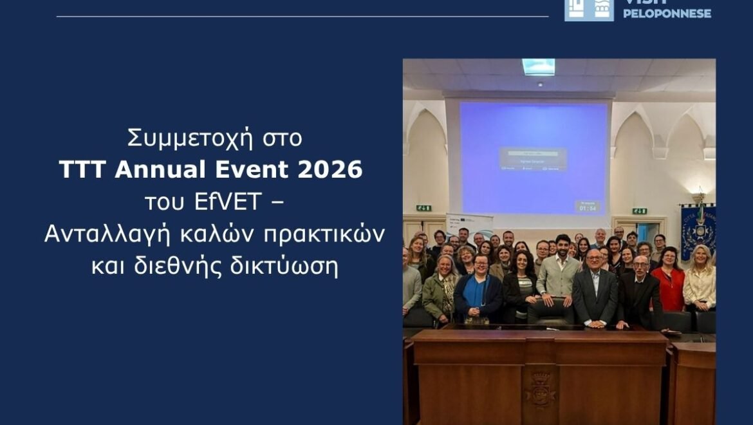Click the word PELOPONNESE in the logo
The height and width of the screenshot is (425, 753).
pos(667,13)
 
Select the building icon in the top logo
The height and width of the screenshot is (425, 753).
pos(589,10)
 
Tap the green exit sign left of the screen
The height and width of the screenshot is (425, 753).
pos(423,208)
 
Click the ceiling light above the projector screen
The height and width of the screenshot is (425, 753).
pos(538,66)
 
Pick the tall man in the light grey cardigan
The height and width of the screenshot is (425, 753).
pos(559,270)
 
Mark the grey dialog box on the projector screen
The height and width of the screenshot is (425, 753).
pos(533,158)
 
